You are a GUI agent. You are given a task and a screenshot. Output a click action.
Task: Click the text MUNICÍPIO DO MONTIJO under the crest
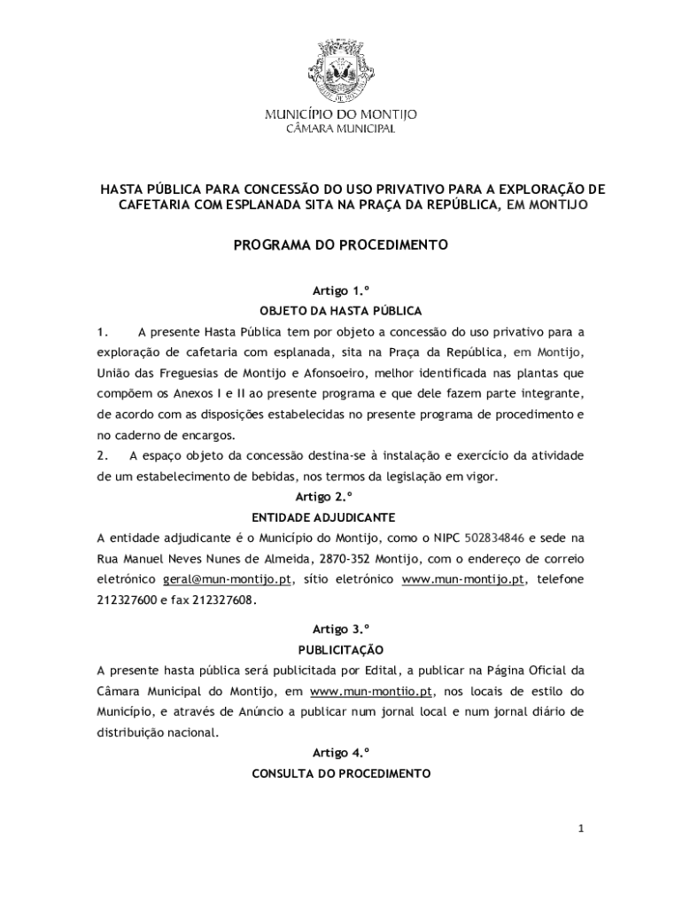(341, 114)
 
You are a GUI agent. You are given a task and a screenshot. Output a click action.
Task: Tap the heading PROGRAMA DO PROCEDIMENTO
(341, 244)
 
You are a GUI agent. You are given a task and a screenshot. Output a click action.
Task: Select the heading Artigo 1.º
(340, 291)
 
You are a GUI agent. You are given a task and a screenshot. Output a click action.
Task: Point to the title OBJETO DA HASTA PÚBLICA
(341, 311)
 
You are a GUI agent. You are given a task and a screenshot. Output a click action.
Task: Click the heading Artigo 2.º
(340, 497)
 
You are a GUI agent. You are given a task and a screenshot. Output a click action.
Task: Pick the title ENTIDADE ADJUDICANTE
(341, 517)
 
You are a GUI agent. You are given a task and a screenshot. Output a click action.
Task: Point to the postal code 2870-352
(345, 559)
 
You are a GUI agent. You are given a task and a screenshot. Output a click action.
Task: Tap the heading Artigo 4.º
(340, 753)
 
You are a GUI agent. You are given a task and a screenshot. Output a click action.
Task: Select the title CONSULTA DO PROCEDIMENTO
(341, 773)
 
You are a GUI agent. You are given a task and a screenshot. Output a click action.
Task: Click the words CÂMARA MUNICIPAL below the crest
(341, 129)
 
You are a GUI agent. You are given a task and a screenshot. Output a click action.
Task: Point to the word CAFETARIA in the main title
(151, 205)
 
